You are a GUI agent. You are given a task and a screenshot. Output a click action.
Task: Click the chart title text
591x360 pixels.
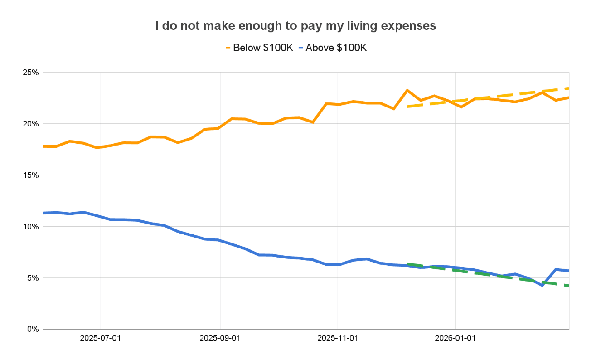[x=295, y=26]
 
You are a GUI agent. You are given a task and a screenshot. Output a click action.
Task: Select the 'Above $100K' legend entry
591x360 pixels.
[x=336, y=48]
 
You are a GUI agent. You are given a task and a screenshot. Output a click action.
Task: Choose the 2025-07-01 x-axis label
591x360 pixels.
[x=101, y=338]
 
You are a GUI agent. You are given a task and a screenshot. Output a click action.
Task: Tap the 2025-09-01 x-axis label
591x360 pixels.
[x=220, y=338]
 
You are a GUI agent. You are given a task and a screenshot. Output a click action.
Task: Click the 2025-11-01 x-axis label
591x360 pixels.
[x=338, y=338]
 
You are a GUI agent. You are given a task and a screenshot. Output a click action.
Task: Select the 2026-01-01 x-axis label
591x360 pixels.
[x=455, y=338]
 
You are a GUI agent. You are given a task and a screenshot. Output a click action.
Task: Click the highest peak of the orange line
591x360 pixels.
[x=407, y=90]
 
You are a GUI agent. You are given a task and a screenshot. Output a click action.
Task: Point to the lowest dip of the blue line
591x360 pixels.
[x=542, y=285]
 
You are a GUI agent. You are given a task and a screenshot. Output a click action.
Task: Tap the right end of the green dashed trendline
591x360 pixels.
[x=568, y=286]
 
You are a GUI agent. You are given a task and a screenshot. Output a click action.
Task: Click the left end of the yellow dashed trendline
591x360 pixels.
[x=408, y=107]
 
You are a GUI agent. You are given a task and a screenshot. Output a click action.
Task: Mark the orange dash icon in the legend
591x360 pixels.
[x=228, y=48]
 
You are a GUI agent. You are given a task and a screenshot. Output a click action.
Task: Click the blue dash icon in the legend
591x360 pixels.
[x=301, y=48]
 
